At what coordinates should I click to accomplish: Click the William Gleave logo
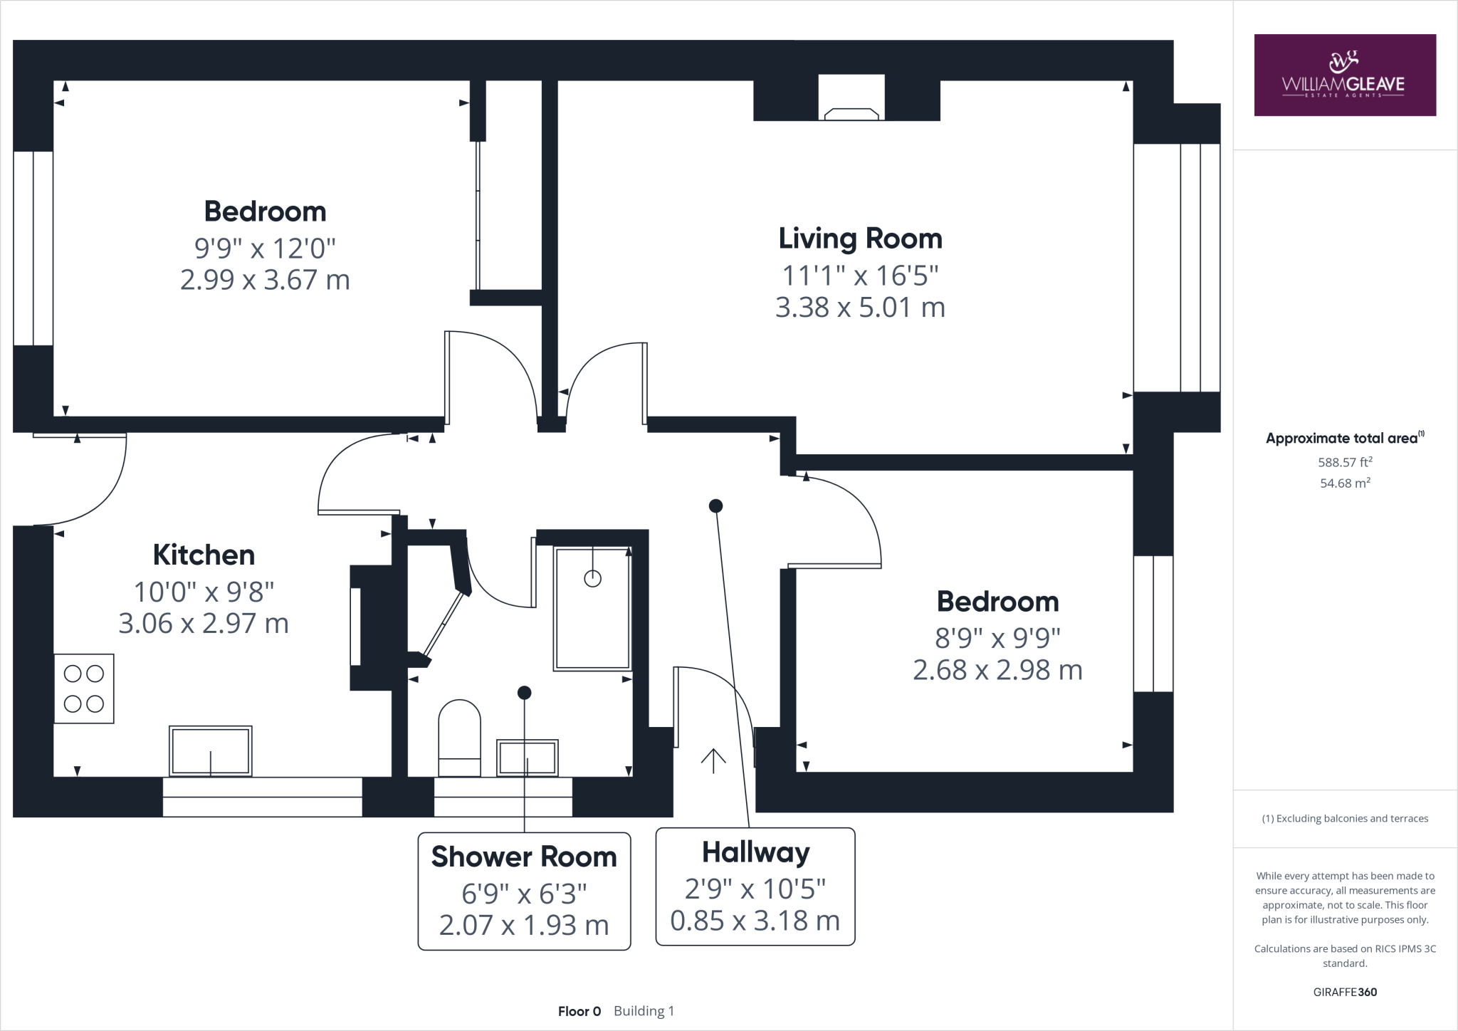1344,75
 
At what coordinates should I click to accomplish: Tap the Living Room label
860,239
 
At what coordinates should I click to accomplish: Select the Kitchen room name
204,555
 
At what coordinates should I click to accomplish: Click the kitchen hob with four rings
84,689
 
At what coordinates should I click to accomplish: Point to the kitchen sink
210,751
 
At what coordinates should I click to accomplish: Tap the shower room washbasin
527,758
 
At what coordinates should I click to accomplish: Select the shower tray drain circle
592,579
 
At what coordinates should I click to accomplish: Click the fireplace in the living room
851,114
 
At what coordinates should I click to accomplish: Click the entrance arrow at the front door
713,760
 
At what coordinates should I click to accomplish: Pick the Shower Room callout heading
524,857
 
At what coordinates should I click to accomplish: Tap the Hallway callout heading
755,852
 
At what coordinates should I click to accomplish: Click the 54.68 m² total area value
1345,483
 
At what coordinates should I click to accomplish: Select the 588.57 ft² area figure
1345,462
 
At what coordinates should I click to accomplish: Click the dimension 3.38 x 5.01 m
860,308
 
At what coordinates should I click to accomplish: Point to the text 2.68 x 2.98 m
997,670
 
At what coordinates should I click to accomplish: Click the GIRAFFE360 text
1345,992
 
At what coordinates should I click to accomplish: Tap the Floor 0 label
579,1011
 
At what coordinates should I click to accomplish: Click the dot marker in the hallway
715,506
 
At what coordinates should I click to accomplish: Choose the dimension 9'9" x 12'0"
265,248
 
